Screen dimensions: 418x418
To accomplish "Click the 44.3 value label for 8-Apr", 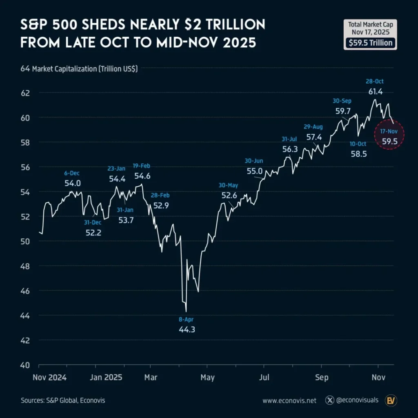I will [x=187, y=329].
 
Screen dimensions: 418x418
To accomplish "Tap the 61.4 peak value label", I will [x=375, y=91].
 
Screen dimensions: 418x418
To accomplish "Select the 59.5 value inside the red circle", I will [x=389, y=141].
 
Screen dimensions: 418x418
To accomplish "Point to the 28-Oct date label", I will [x=375, y=82].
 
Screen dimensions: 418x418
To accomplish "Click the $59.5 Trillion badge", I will [x=370, y=43].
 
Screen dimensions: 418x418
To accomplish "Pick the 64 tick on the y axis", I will [x=25, y=69].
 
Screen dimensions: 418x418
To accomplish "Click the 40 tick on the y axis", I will [x=25, y=365].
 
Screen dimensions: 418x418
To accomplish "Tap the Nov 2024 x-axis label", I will [x=49, y=377].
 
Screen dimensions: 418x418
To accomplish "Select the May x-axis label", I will [x=207, y=377].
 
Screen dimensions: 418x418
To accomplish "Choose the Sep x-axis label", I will [x=321, y=377].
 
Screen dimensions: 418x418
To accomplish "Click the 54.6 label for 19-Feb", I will [x=142, y=176].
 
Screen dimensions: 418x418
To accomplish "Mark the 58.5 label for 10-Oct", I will [x=358, y=154].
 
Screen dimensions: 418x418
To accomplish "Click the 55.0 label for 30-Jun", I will [x=255, y=171].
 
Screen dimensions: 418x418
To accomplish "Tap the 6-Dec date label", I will [x=73, y=173].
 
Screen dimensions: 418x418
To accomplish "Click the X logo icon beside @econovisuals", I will [x=330, y=400].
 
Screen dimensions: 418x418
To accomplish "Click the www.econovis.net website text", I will [x=289, y=401].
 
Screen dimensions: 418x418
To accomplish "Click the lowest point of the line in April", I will [x=186, y=312].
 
